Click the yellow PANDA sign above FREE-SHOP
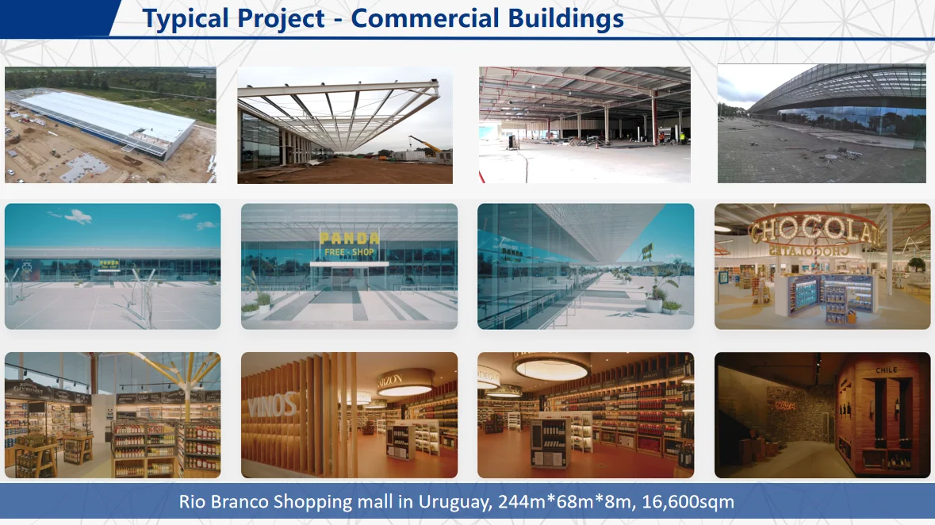[349, 239]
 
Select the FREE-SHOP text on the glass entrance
[349, 252]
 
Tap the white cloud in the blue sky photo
[78, 216]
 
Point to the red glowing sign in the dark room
[785, 406]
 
